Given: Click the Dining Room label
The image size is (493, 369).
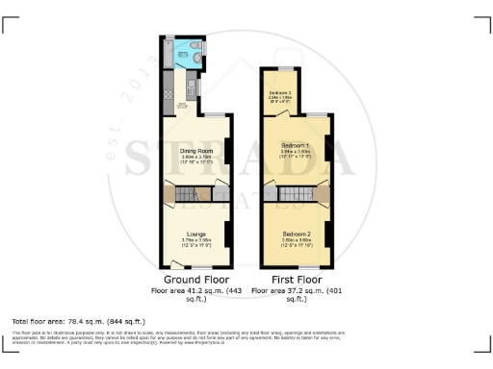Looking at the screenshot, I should pos(196,151).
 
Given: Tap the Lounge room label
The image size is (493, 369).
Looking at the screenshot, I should pos(196,234).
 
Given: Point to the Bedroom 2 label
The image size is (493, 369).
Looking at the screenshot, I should pos(297,234).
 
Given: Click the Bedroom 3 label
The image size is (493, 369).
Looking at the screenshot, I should pos(280,92).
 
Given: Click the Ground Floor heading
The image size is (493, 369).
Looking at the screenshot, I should pos(196,281).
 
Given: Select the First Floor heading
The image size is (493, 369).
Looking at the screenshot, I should pos(298,281).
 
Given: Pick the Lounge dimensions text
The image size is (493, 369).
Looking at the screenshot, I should pos(196,243).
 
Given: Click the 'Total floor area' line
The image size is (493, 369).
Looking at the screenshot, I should pos(78,320).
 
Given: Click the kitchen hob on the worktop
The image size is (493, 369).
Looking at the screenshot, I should pos(192,92).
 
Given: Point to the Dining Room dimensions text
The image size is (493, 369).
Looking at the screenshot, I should pos(196,160).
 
